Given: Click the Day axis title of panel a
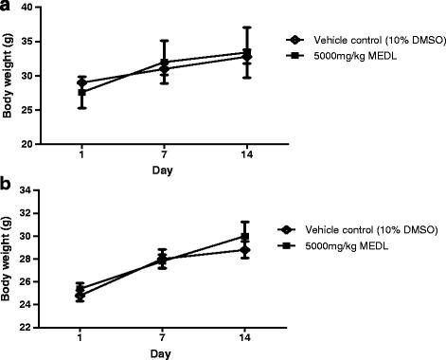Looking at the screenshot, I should (137, 170).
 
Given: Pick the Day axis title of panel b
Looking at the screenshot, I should (137, 353).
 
